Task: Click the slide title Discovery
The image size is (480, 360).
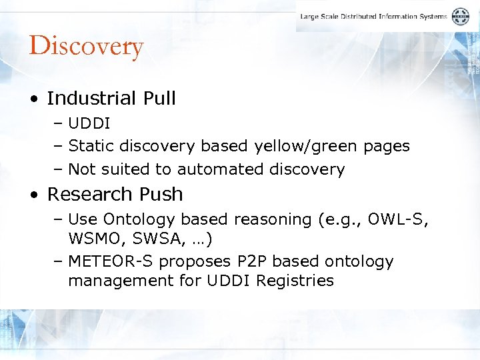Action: (86, 47)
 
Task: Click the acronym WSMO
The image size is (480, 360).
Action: (91, 237)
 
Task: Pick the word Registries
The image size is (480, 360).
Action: (296, 281)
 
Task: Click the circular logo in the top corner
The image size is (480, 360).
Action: (460, 17)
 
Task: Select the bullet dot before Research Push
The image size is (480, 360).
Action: (33, 195)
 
